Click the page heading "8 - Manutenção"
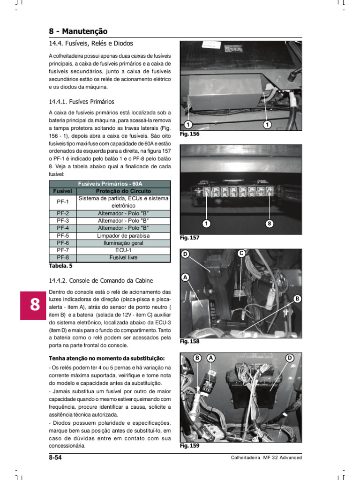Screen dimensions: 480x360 pos(78,31)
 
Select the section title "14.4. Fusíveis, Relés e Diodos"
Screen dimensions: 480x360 pos(91,44)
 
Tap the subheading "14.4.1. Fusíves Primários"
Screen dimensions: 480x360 pos(82,101)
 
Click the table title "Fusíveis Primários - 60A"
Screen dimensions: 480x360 pos(109,184)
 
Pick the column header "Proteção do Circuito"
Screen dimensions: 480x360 pos(123,191)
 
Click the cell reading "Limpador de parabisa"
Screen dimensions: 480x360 pos(123,235)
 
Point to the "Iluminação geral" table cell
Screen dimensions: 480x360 pos(123,243)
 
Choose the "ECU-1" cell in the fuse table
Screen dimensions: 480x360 pos(123,250)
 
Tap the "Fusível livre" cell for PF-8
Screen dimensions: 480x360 pos(123,258)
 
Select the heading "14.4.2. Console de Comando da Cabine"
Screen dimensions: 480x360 pos(101,281)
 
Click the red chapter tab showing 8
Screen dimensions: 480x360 pos(34,305)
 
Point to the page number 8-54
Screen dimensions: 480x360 pos(55,457)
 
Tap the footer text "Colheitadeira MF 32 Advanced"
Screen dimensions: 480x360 pos(266,458)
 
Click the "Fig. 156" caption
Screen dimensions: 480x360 pos(189,134)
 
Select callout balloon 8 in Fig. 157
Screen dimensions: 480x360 pos(269,224)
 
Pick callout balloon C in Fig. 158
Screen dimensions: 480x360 pos(241,254)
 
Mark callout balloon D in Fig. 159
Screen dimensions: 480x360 pos(289,358)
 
